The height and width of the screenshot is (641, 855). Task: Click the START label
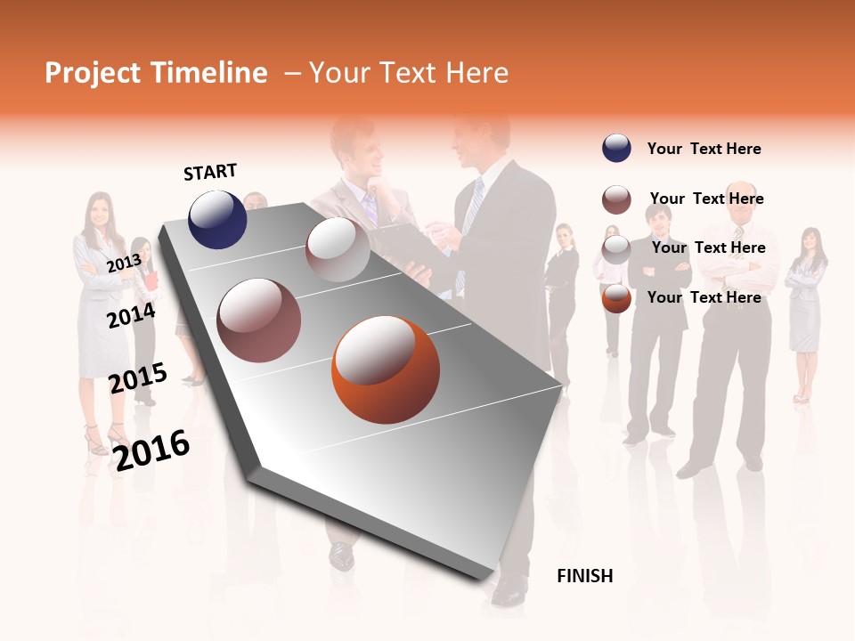[210, 172]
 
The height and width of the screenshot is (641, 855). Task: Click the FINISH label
[584, 576]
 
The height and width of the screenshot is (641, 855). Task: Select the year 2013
[124, 263]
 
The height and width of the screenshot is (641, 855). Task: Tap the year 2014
[131, 315]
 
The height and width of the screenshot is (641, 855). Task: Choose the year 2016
[152, 450]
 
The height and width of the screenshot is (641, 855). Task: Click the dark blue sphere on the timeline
[217, 219]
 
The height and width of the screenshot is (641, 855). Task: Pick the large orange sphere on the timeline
[385, 369]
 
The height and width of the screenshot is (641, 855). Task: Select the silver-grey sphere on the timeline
[338, 249]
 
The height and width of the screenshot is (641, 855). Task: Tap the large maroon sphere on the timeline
[258, 320]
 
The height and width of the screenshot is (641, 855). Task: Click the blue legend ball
[616, 149]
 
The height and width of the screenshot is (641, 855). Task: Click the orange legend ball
[616, 298]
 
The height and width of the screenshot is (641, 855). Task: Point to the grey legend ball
[616, 248]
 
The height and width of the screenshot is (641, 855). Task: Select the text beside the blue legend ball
[704, 149]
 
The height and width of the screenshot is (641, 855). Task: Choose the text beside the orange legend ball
[704, 297]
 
